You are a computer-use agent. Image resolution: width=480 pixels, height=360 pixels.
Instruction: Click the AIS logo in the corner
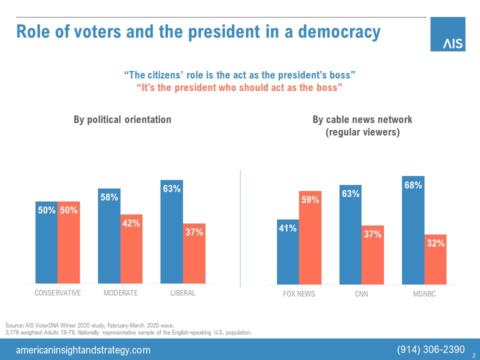point(447,34)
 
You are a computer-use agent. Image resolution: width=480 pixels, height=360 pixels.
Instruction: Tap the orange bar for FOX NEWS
point(310,238)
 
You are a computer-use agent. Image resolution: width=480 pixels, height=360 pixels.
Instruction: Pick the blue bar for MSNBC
point(413,230)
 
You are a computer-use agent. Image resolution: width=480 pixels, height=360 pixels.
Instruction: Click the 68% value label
point(413,185)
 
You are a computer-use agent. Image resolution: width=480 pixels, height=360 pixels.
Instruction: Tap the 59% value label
point(310,200)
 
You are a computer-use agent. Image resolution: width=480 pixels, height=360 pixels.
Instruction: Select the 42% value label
point(131,224)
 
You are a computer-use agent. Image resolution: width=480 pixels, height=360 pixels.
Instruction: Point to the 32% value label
point(435,243)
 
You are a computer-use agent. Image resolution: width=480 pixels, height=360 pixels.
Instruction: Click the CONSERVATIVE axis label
point(57,293)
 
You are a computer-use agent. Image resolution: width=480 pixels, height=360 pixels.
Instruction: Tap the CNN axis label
point(361,294)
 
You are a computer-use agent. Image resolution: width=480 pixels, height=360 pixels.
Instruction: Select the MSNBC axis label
point(424,294)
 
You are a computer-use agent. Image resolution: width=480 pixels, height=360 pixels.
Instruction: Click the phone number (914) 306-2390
point(431,349)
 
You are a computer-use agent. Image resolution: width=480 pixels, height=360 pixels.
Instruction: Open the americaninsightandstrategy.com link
point(83,350)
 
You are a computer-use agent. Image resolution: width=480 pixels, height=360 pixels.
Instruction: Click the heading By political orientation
point(122,119)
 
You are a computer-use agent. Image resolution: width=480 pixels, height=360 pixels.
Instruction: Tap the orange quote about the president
point(239,87)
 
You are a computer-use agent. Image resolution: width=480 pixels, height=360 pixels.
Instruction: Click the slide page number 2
point(473,354)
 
